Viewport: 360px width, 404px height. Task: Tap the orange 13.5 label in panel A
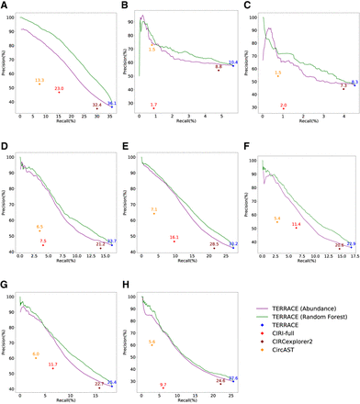[39, 80]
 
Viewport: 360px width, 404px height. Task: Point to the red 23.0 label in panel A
[60, 88]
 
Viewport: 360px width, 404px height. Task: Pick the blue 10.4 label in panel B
[233, 62]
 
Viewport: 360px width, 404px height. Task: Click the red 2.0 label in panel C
[283, 106]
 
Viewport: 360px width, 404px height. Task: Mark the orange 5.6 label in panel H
[152, 342]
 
